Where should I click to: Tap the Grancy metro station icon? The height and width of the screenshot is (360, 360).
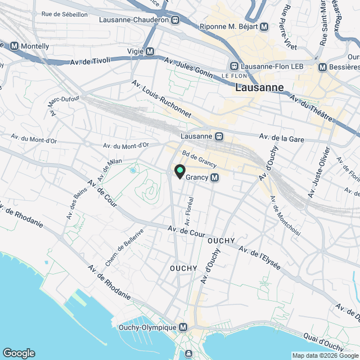[x=214, y=178]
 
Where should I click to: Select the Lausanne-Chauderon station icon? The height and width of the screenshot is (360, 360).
[x=175, y=20]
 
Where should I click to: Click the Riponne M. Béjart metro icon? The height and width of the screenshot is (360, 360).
[x=264, y=26]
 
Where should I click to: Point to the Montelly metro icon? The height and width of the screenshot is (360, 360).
[x=14, y=45]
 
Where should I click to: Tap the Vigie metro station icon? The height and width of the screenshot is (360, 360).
[x=150, y=51]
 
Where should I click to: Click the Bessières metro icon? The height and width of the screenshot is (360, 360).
[x=322, y=67]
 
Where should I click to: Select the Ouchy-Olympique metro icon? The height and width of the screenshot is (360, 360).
[x=183, y=327]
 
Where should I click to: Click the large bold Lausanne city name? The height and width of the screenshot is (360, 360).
[x=259, y=88]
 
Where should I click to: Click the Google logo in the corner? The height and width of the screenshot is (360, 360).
[x=19, y=353]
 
